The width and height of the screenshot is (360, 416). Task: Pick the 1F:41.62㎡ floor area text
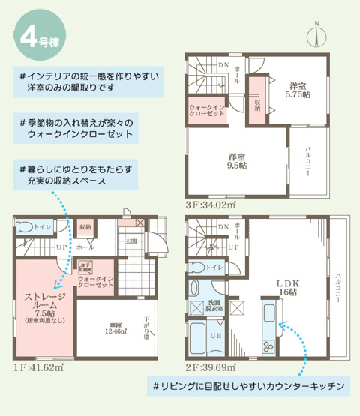tap(37, 367)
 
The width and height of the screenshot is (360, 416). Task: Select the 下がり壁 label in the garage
tap(147, 328)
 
